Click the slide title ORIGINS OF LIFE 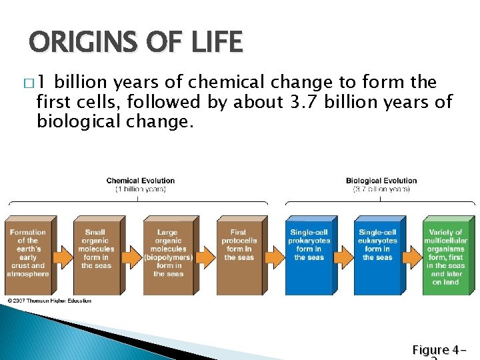tap(136, 43)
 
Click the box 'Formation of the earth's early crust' tap(29, 254)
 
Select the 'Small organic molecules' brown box tap(96, 254)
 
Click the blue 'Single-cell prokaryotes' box tap(308, 254)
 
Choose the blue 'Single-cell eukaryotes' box tap(377, 254)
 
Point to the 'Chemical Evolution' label tap(141, 181)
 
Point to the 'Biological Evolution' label tap(381, 181)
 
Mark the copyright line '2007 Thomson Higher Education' tap(49, 301)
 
